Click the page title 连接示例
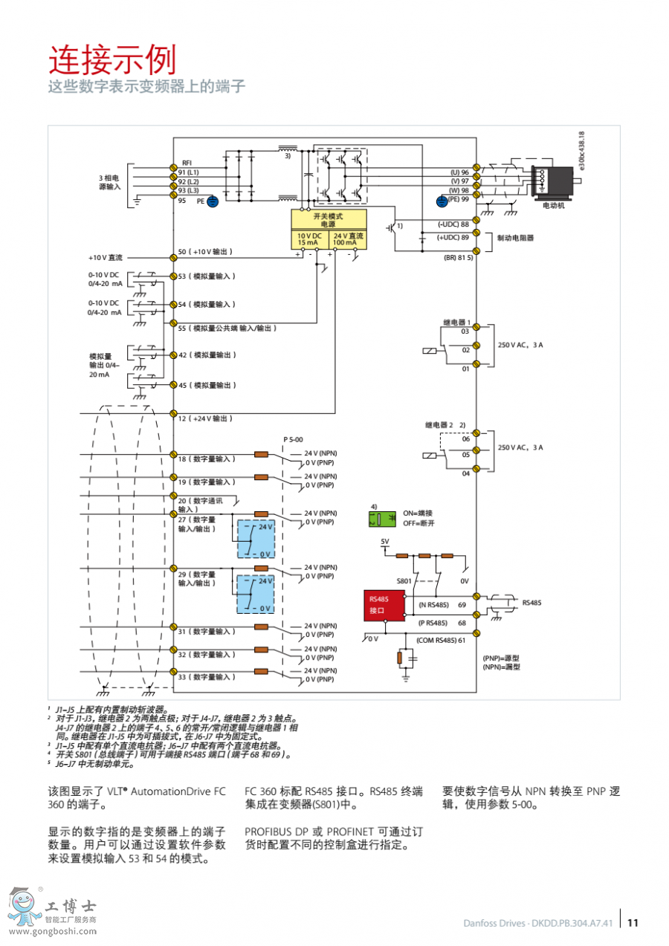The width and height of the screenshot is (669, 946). pyautogui.click(x=112, y=59)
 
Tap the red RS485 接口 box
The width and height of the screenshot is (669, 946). pyautogui.click(x=384, y=605)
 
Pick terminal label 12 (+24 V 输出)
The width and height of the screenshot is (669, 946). pyautogui.click(x=204, y=419)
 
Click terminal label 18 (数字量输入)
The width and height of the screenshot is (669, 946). pyautogui.click(x=206, y=459)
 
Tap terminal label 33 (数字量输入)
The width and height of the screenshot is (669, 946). pyautogui.click(x=206, y=677)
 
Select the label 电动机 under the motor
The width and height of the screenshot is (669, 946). pyautogui.click(x=553, y=205)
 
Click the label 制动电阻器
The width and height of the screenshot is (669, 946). pyautogui.click(x=516, y=239)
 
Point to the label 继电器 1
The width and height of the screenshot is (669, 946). pyautogui.click(x=457, y=322)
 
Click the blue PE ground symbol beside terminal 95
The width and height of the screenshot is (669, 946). pyautogui.click(x=212, y=201)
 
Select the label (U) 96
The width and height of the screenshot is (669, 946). pyautogui.click(x=459, y=172)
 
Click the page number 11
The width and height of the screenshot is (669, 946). pyautogui.click(x=633, y=924)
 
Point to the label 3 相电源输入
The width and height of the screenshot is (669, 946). pyautogui.click(x=109, y=183)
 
